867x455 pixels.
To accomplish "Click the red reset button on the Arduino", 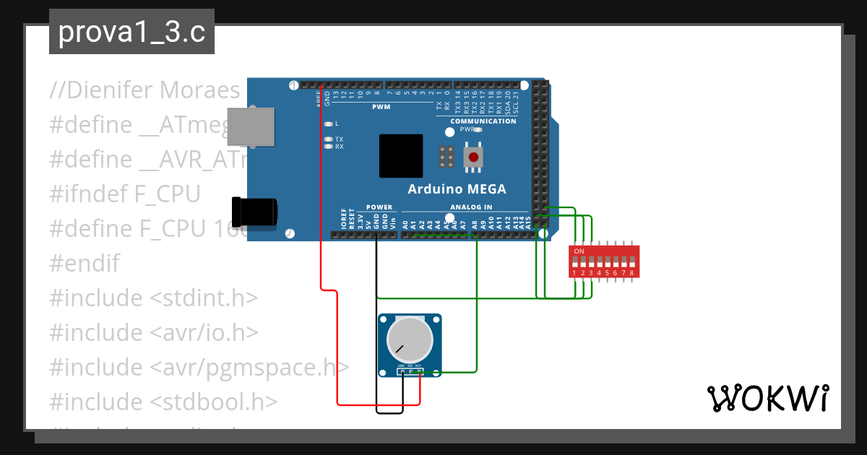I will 473,157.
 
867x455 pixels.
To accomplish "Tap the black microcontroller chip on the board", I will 401,155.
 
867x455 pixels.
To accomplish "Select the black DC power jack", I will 254,212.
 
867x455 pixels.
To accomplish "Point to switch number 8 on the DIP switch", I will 631,262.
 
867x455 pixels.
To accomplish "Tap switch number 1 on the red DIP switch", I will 574,262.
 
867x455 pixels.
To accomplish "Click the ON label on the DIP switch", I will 579,251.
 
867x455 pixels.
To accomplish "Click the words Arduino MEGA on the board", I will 457,189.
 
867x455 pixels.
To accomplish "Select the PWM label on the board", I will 381,107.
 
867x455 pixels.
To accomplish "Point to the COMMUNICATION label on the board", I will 483,121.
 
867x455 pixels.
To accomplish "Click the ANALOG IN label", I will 476,207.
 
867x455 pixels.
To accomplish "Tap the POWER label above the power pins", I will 379,207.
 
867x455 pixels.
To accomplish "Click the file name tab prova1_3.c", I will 131,32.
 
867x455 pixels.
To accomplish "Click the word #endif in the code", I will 85,263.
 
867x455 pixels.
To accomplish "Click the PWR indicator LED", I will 477,130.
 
